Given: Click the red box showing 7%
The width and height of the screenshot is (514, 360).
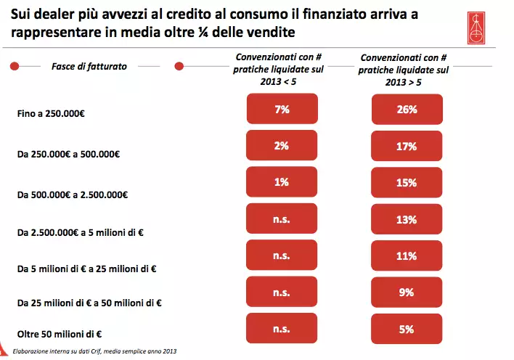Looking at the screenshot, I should (x=282, y=110).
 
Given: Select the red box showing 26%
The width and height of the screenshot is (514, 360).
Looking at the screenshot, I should (x=407, y=110).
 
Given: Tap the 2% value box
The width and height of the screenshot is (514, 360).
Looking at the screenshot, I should (x=282, y=145).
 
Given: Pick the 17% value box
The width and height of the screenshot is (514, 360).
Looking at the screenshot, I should (x=407, y=146).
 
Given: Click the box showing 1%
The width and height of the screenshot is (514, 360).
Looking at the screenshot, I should (x=282, y=182).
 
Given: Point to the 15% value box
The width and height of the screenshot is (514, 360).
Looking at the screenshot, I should (x=407, y=183).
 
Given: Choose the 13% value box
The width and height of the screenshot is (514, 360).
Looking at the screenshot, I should (x=407, y=219).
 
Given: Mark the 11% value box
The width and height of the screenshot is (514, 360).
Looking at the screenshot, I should (x=407, y=255).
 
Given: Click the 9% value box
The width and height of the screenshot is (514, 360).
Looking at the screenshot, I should (x=407, y=292).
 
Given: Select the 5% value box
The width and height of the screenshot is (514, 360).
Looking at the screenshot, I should (x=407, y=329).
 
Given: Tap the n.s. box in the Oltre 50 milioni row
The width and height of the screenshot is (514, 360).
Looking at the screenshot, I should (x=282, y=329).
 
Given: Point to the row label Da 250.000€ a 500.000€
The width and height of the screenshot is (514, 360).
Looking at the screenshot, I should (x=68, y=154).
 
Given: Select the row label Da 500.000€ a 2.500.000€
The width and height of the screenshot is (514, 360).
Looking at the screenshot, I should (x=72, y=195).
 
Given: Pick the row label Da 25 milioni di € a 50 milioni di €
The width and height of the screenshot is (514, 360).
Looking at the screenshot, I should (x=89, y=302).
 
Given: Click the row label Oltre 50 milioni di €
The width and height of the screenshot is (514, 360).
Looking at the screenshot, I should (x=59, y=334).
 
